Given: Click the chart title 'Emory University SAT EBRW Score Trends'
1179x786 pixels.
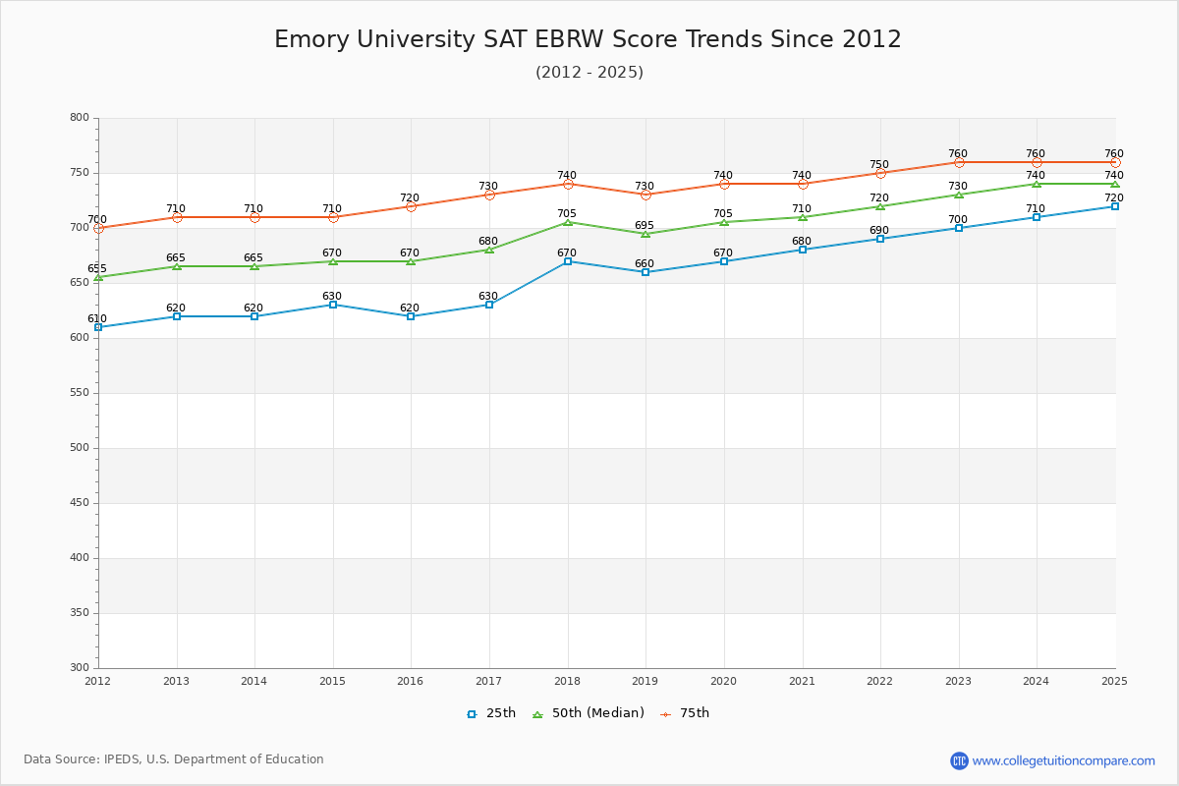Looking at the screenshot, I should (588, 39).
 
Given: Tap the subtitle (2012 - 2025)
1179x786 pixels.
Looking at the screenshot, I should (589, 73).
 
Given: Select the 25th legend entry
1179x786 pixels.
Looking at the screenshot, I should (491, 713).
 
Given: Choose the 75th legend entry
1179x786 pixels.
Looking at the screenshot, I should (685, 713).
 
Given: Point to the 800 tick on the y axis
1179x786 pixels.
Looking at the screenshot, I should (79, 118).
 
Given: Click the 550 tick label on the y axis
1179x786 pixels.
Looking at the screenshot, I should (79, 393).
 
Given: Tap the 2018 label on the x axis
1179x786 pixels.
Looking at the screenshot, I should (567, 681).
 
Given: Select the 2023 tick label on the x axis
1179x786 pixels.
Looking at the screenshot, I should (958, 681).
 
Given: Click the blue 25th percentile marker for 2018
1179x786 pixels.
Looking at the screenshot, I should (568, 261).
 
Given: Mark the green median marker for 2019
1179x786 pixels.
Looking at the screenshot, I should (646, 234).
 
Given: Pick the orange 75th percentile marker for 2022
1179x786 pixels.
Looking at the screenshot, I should (880, 173).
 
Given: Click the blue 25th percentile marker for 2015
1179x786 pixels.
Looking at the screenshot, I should (333, 305).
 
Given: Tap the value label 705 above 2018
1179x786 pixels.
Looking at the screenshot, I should (567, 213).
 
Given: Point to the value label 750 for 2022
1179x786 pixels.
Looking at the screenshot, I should (879, 164).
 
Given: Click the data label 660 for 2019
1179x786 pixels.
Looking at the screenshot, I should (645, 263).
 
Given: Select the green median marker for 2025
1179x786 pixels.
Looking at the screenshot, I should (1115, 184).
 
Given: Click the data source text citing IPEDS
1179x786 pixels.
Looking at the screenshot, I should (174, 759).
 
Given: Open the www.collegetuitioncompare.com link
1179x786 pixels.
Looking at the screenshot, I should (1063, 760).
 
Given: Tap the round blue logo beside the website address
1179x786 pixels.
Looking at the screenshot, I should (959, 760).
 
